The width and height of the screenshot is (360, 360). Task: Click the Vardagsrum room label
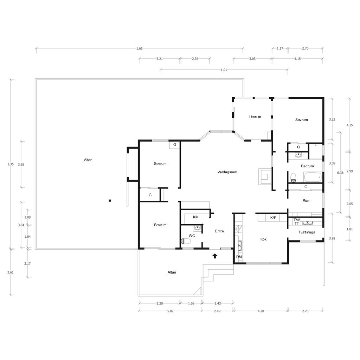(x=227, y=172)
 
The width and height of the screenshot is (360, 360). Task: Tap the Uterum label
(x=255, y=117)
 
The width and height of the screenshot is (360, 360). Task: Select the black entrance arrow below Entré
(x=215, y=256)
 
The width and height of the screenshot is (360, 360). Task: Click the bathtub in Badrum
(x=313, y=177)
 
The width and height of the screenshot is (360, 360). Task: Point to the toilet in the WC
(x=186, y=241)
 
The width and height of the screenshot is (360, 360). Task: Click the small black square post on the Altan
(x=110, y=201)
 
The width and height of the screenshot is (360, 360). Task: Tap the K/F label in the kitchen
(x=273, y=218)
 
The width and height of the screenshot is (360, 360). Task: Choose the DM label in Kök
(x=239, y=257)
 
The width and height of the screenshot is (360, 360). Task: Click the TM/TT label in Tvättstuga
(x=297, y=221)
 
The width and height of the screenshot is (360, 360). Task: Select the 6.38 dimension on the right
(x=340, y=173)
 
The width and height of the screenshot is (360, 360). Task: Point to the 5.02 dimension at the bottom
(x=171, y=311)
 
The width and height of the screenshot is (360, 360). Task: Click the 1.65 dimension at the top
(x=139, y=49)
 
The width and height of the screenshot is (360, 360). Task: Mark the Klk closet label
(x=195, y=217)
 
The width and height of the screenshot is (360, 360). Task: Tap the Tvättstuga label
(x=307, y=232)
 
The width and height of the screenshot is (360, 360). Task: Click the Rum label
(x=306, y=200)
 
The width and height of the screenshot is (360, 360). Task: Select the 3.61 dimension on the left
(x=10, y=272)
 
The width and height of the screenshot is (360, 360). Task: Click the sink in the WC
(x=198, y=228)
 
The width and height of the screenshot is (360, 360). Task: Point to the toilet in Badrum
(x=293, y=178)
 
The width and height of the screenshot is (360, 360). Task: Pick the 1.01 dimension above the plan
(x=224, y=70)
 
